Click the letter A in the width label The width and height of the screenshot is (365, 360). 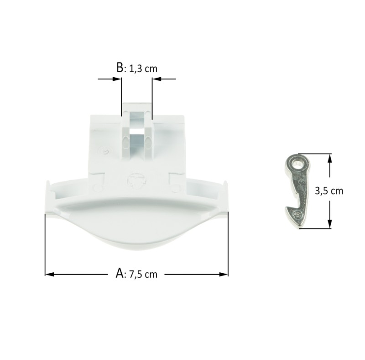(120, 273)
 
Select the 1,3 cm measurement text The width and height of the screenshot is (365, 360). (143, 69)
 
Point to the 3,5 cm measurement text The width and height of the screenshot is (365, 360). (329, 191)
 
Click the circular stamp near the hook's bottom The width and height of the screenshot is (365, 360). (297, 215)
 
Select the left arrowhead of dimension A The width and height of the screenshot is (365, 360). (49, 274)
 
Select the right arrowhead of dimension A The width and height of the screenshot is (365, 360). (224, 274)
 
